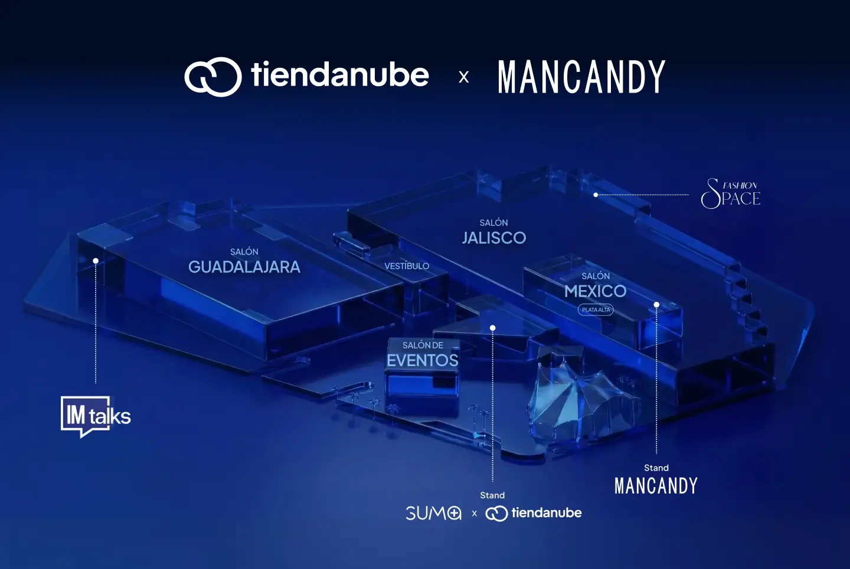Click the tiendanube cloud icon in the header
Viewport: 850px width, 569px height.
(213, 77)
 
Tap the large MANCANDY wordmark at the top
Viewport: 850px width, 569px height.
(581, 77)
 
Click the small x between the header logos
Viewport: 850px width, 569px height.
(464, 77)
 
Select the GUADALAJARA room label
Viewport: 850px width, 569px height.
(244, 267)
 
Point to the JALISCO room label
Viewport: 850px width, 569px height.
(494, 238)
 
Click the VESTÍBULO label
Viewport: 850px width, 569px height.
(407, 267)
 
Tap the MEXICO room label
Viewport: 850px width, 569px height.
(595, 291)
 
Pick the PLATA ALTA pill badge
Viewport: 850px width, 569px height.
(596, 310)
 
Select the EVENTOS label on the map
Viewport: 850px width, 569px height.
(423, 360)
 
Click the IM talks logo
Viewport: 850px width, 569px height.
(96, 416)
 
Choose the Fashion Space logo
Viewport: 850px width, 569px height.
(731, 194)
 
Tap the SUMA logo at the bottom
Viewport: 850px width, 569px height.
(433, 513)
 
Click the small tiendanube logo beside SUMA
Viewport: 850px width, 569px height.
(534, 513)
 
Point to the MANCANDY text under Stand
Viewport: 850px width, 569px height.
(656, 486)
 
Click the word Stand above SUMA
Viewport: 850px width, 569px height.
(492, 495)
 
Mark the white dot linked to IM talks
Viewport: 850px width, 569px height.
(96, 261)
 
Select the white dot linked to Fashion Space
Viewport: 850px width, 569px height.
(596, 195)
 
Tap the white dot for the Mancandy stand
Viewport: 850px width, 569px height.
(656, 305)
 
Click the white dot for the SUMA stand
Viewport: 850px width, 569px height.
(493, 328)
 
